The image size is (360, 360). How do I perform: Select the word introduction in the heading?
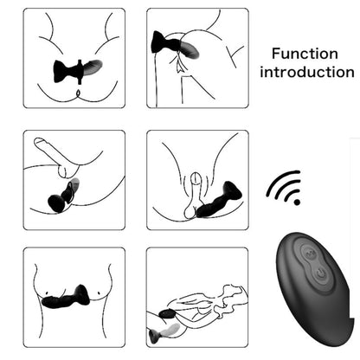pos(307,71)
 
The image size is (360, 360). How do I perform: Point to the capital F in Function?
pos(276,52)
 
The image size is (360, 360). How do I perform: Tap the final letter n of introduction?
pos(350,72)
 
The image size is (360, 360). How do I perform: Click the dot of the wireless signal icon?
pos(297,201)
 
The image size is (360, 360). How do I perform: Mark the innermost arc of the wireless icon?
pos(290,194)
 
